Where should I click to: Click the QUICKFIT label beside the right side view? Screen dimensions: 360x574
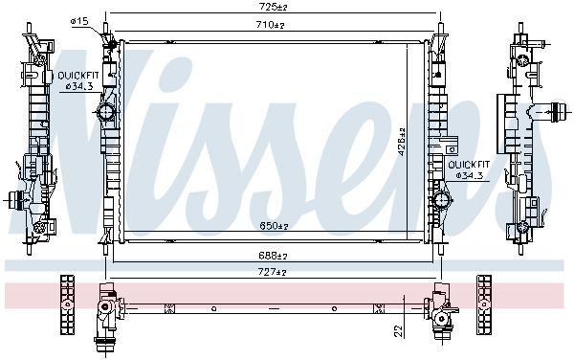(x=470, y=165)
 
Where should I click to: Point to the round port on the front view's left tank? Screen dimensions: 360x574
(x=106, y=113)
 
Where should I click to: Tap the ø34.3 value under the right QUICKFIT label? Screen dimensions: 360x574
(x=470, y=175)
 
